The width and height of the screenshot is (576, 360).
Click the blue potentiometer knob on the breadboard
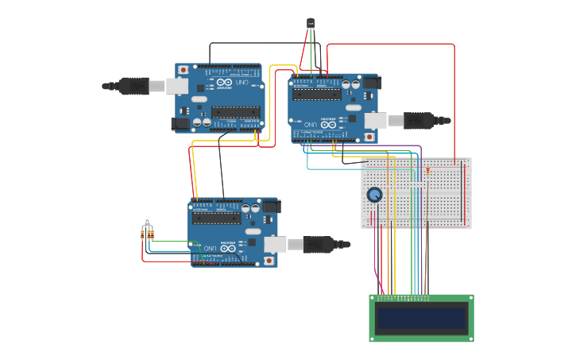pyautogui.click(x=374, y=194)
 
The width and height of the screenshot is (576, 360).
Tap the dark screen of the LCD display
pyautogui.click(x=421, y=319)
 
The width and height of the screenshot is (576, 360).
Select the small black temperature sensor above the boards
pyautogui.click(x=311, y=23)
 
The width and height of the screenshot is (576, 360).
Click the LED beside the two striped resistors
pyautogui.click(x=147, y=221)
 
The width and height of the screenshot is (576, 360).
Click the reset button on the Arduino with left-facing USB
pyautogui.click(x=184, y=70)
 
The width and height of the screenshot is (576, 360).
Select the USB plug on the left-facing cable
pyautogui.click(x=132, y=85)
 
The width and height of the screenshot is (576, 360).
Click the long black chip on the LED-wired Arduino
pyautogui.click(x=216, y=217)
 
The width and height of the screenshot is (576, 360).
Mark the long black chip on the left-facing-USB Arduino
pyautogui.click(x=236, y=112)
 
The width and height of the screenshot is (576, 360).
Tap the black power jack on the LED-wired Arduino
pyautogui.click(x=271, y=207)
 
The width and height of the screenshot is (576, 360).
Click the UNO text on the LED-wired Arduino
pyautogui.click(x=209, y=248)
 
